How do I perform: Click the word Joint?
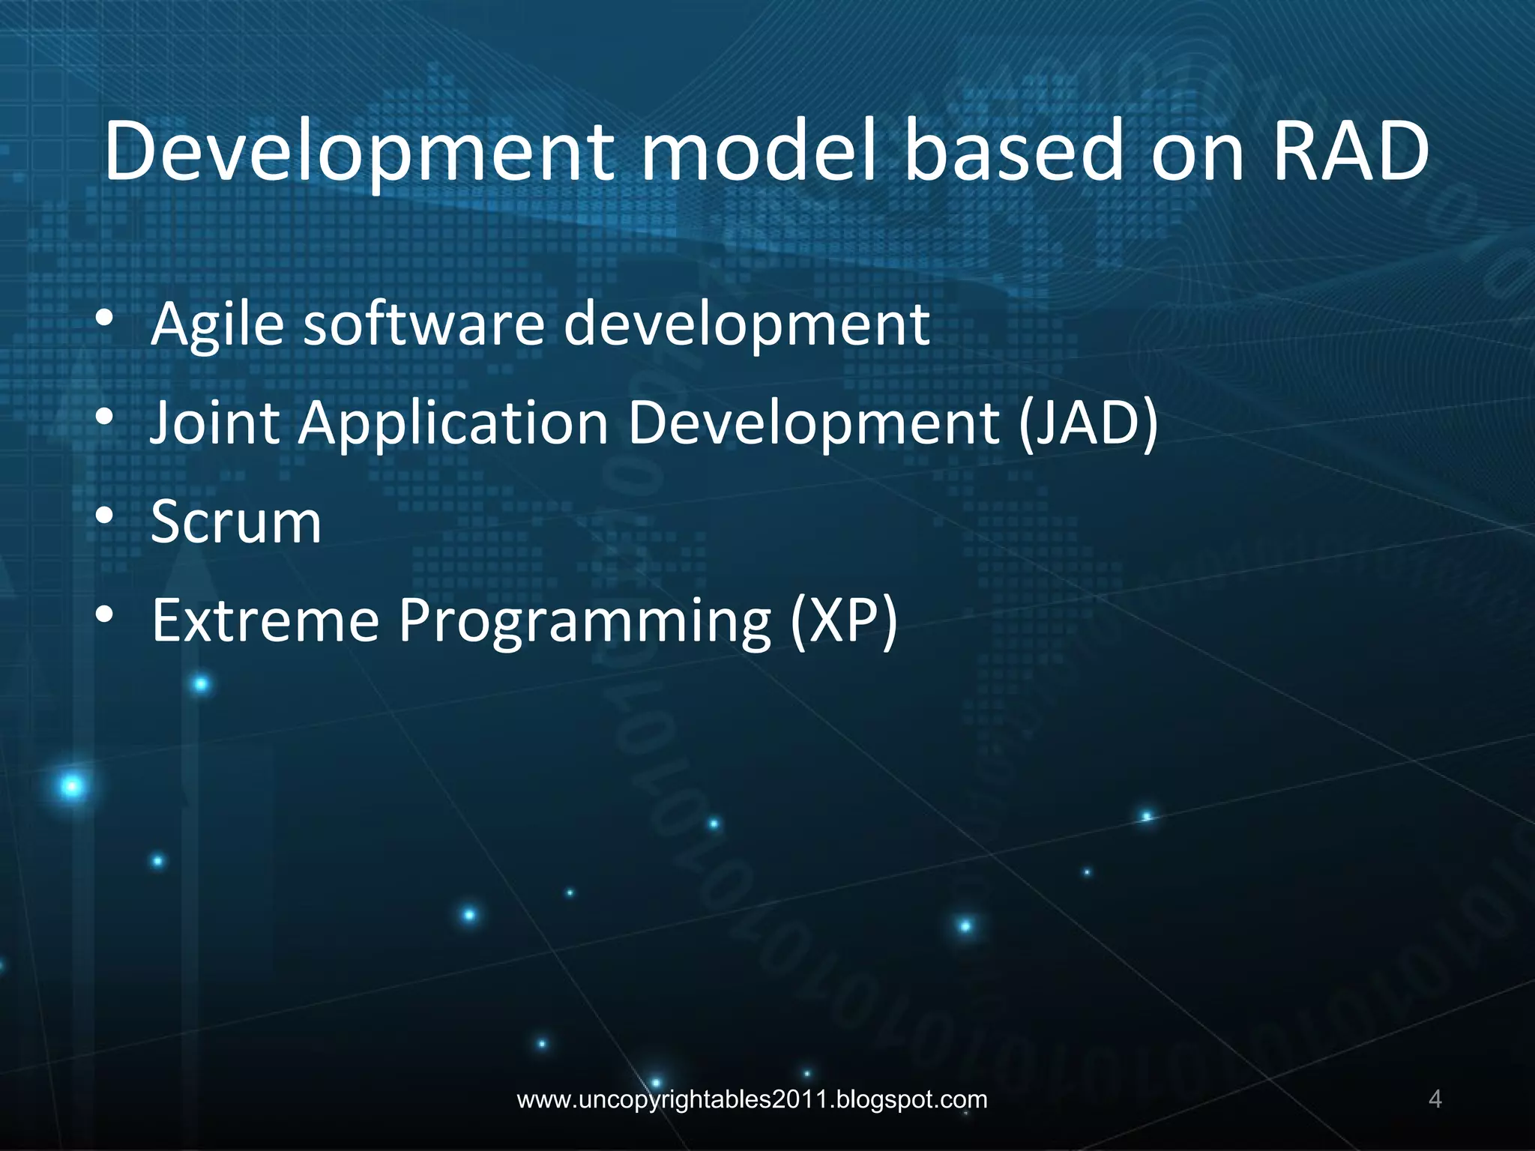click(214, 422)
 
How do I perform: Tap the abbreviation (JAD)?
click(1088, 422)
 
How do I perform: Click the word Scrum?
click(236, 522)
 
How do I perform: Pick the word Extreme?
click(265, 620)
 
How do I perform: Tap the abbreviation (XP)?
click(844, 620)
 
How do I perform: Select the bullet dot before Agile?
click(104, 318)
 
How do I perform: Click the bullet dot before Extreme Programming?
click(104, 614)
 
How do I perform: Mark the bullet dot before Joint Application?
click(104, 417)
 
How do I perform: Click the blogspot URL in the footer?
click(752, 1099)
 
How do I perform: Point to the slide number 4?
click(1435, 1099)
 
